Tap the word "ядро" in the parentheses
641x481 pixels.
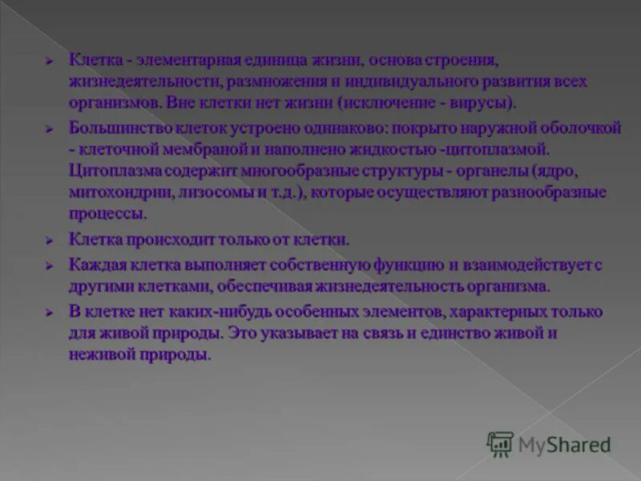click(577, 171)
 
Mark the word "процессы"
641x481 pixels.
click(107, 214)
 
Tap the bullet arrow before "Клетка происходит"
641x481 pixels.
click(50, 240)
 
